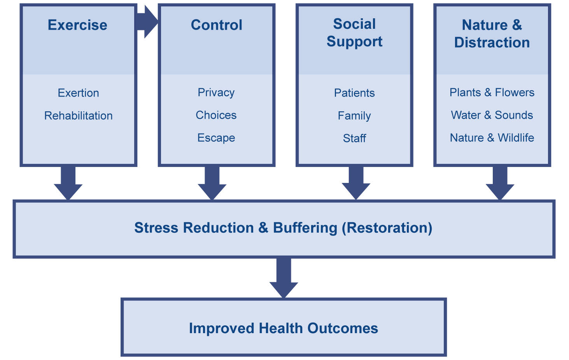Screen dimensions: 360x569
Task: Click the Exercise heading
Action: point(77,25)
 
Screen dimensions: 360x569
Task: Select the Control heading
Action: point(216,25)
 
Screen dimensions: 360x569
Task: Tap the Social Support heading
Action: point(354,33)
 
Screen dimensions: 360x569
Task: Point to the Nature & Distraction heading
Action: point(492,34)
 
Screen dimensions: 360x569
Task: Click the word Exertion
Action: point(78,93)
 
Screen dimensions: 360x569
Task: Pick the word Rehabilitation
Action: point(78,116)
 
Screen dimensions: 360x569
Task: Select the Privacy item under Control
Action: point(216,93)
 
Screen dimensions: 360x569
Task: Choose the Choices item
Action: point(216,115)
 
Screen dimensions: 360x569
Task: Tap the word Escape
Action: point(216,138)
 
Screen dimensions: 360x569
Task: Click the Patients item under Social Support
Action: point(354,93)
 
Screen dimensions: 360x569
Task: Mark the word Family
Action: point(354,116)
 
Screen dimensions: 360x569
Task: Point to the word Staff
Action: point(354,138)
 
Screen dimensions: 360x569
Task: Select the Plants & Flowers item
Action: point(492,93)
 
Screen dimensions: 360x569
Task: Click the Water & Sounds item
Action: point(492,115)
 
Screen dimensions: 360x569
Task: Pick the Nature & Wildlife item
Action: point(492,138)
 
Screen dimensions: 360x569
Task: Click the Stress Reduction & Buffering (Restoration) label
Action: point(283,228)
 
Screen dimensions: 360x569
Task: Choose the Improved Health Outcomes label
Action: point(284,328)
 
